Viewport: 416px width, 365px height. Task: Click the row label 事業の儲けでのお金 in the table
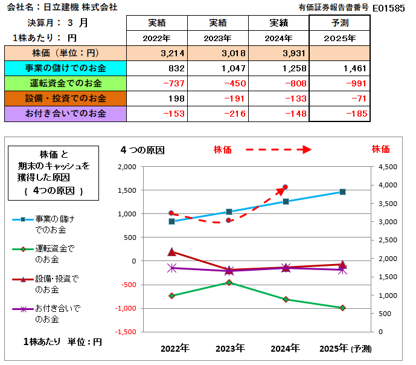click(66, 68)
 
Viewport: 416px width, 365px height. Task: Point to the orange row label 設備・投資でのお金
click(66, 98)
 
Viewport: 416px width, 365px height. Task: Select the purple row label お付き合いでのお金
click(66, 113)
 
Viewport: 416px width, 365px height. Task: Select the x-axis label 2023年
click(229, 348)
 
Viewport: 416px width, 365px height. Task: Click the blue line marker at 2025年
click(342, 192)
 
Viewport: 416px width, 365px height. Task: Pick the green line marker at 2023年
click(229, 282)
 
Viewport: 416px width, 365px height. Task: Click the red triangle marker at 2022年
click(171, 252)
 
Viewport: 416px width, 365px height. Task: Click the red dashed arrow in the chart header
click(277, 149)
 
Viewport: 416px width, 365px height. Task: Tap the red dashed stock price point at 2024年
click(285, 187)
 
